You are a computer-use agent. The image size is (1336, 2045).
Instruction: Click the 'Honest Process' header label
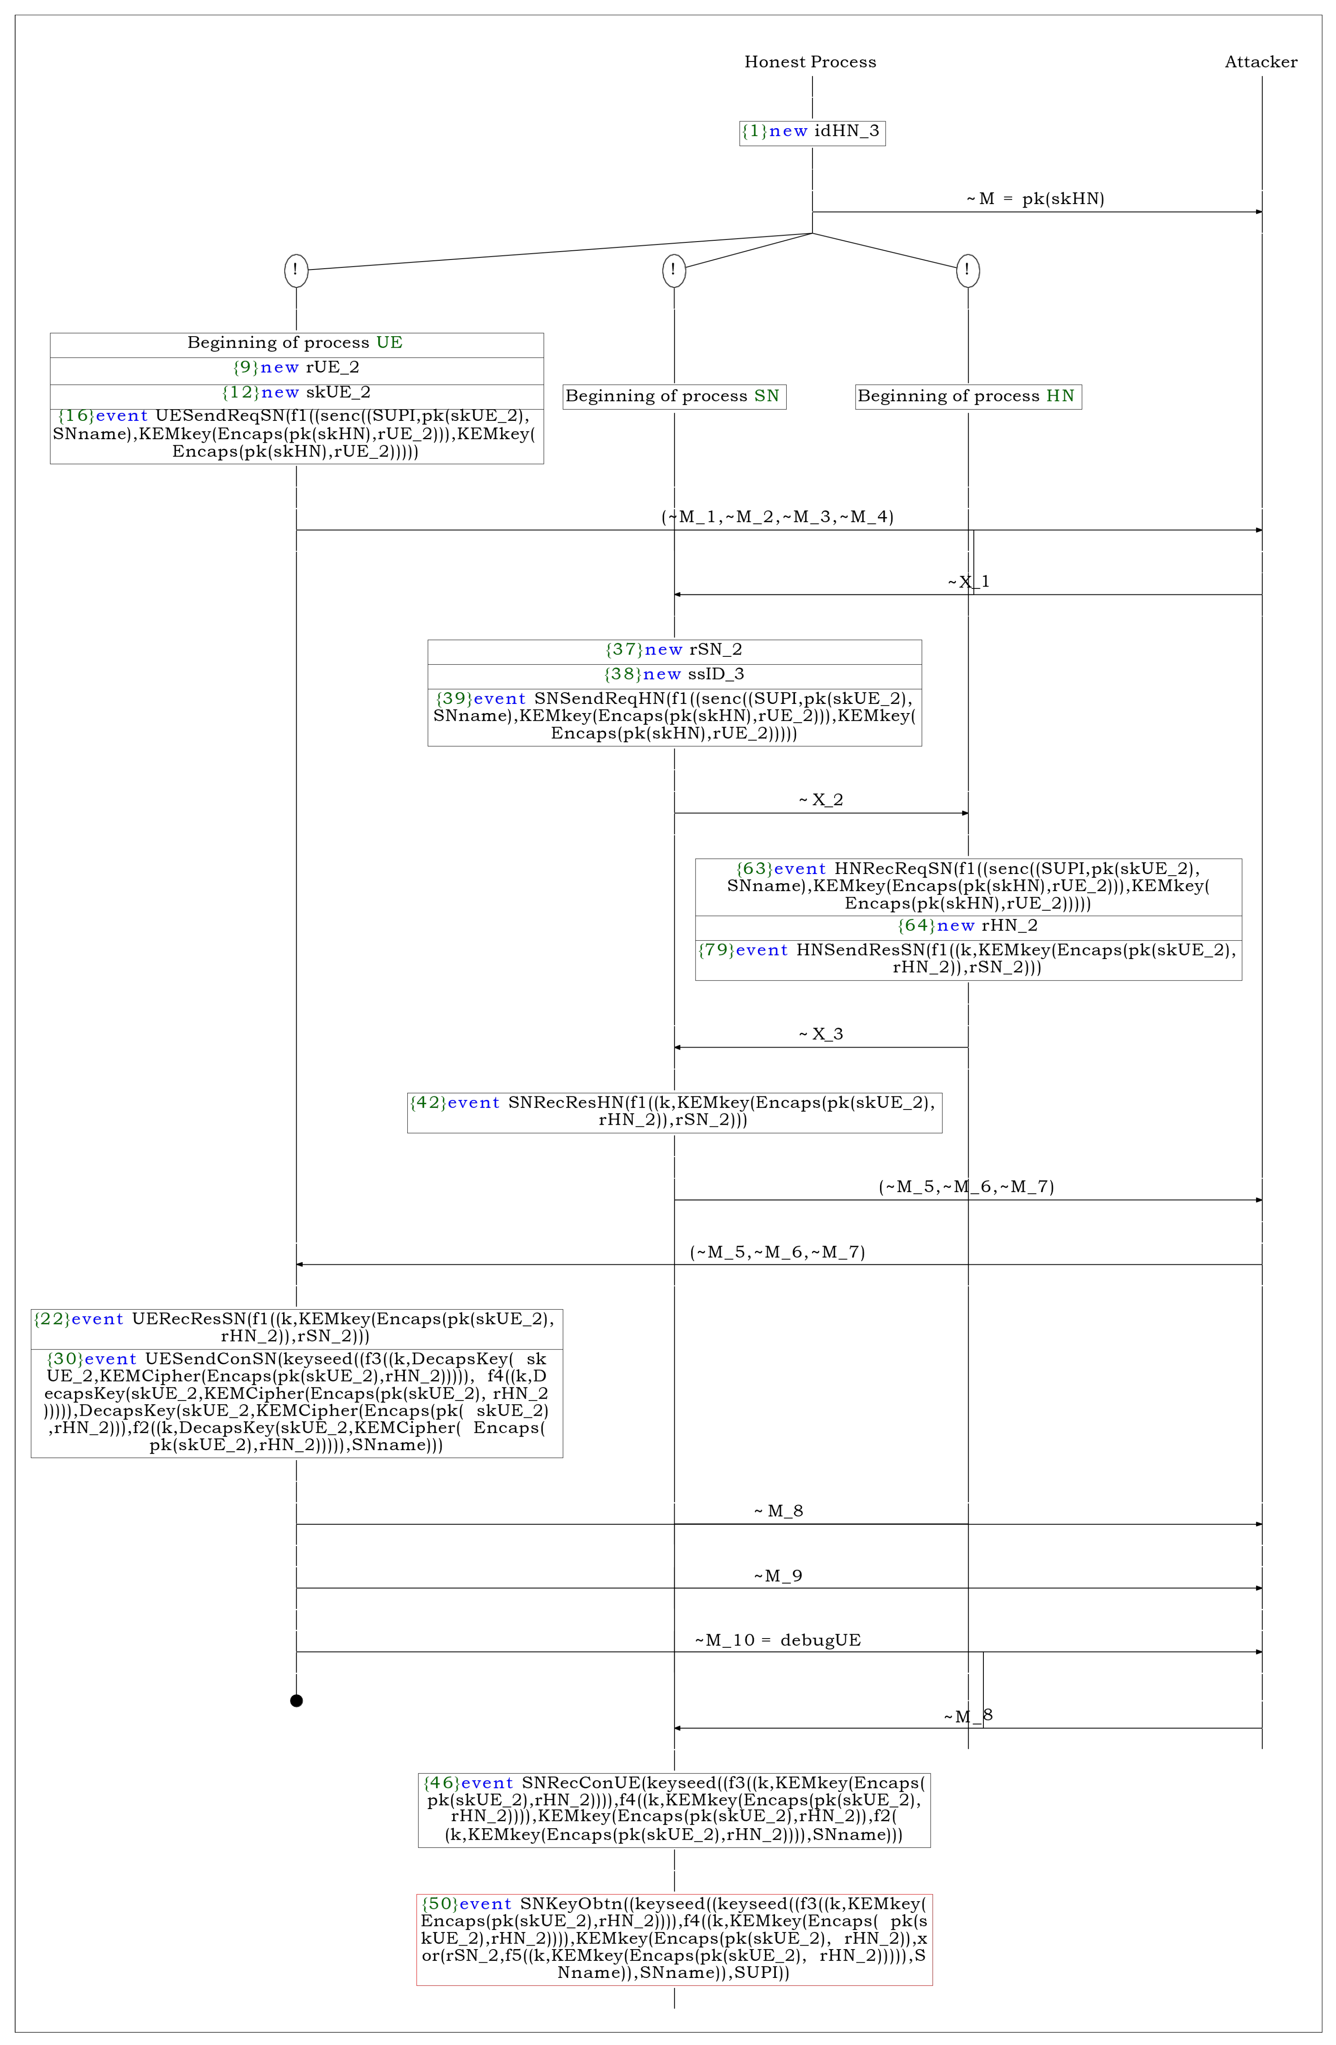point(810,62)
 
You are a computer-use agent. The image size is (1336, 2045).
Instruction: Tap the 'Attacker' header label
point(1261,62)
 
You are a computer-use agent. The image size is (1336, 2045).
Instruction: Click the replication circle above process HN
point(967,271)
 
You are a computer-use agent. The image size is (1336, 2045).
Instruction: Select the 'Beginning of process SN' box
point(674,396)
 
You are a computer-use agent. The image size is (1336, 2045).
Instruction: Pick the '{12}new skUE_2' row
point(296,393)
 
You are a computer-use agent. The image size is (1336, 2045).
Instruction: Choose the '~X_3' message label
point(821,1034)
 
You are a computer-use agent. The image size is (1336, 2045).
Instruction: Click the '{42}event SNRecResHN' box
point(674,1112)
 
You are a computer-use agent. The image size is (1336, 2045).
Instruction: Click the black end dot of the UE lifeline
point(296,1700)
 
